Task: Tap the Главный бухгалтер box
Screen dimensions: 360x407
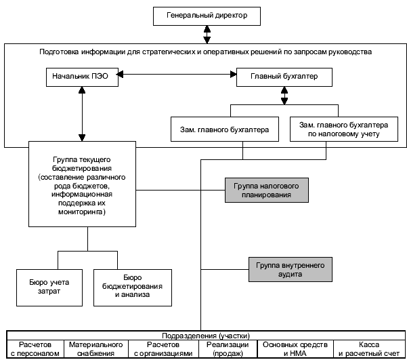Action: pos(285,77)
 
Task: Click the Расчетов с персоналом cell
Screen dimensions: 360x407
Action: pos(35,349)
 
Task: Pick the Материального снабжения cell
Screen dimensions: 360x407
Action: pos(95,349)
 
